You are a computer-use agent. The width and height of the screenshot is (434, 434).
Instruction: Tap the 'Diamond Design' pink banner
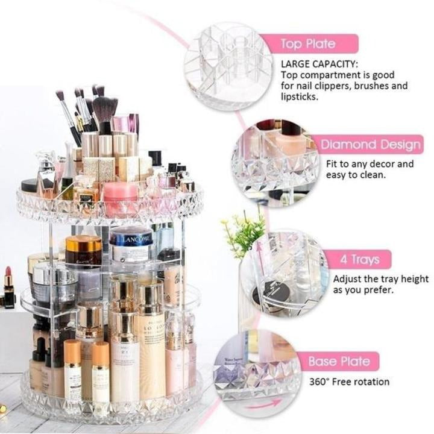click(x=370, y=145)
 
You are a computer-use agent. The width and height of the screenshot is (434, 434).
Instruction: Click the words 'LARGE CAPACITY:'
click(x=319, y=63)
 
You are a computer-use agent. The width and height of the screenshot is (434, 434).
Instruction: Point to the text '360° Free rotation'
click(x=349, y=382)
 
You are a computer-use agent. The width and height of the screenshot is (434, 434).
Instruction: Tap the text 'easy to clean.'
click(x=355, y=175)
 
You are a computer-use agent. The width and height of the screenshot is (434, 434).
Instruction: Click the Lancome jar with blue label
click(x=131, y=244)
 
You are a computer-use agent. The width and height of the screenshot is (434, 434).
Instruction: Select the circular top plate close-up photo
click(x=228, y=66)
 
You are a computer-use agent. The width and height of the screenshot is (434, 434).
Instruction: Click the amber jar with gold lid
click(x=84, y=250)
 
